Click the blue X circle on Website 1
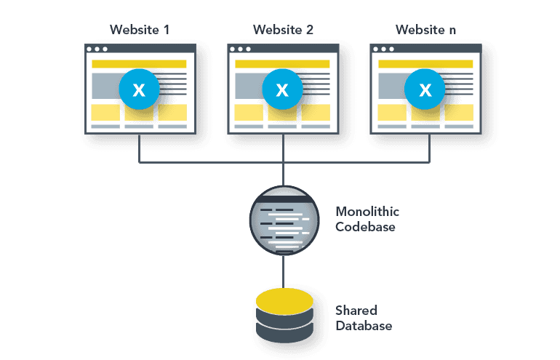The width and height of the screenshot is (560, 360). (x=138, y=89)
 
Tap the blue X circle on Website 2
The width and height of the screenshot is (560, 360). (x=281, y=89)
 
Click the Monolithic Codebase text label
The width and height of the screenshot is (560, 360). (x=367, y=218)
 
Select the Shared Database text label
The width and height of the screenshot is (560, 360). (x=364, y=318)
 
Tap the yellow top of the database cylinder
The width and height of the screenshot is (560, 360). (x=284, y=300)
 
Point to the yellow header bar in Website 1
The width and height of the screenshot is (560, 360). (x=138, y=64)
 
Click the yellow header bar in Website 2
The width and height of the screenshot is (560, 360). (x=281, y=64)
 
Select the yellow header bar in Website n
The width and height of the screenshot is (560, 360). (x=424, y=64)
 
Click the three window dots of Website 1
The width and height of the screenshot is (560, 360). (x=96, y=49)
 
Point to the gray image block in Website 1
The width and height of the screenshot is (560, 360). (x=105, y=87)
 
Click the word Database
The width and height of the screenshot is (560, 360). (x=364, y=326)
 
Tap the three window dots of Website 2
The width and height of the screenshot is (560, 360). (x=239, y=49)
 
